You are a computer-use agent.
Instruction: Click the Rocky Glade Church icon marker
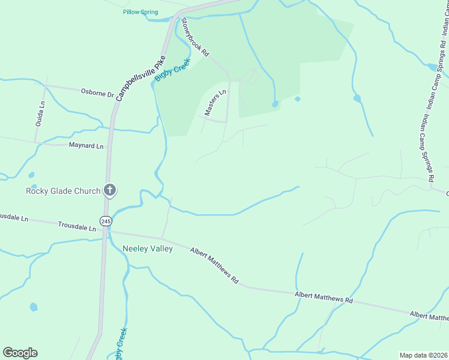click(109, 190)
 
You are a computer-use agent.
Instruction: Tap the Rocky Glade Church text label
click(62, 191)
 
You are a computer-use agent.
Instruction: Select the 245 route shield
click(106, 221)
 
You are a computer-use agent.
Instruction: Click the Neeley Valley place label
click(147, 248)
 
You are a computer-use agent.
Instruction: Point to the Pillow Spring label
click(140, 12)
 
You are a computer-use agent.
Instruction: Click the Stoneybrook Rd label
click(194, 37)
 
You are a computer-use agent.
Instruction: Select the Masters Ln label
click(215, 102)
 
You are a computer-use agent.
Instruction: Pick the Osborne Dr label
click(97, 92)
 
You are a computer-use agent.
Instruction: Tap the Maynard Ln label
click(86, 146)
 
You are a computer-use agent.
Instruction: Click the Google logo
click(20, 353)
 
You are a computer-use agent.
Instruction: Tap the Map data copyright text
click(423, 355)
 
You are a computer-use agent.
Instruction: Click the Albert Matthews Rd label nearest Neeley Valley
click(215, 266)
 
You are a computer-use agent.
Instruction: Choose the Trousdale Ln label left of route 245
click(77, 227)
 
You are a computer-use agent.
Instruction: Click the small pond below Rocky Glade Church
click(34, 307)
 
